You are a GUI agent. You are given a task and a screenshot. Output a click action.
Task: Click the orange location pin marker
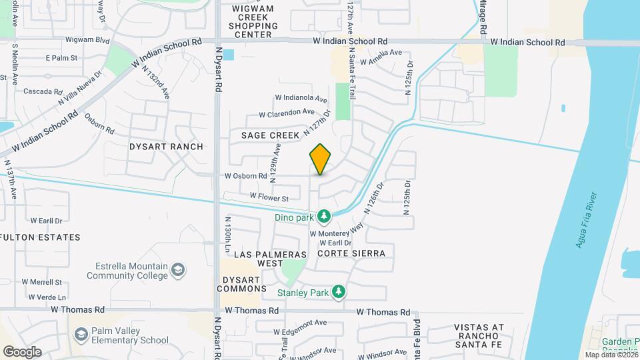[x=320, y=159]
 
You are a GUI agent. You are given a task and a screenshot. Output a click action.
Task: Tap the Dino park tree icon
[x=324, y=216]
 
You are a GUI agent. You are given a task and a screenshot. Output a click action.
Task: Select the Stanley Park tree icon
[x=339, y=291]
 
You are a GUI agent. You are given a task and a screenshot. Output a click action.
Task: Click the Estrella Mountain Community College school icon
[x=178, y=270]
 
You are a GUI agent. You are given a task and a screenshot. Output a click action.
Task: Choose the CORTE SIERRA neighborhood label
[x=351, y=253]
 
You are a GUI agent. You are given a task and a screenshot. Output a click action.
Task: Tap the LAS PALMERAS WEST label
[x=270, y=259]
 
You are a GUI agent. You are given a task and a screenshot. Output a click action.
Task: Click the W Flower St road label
[x=269, y=197]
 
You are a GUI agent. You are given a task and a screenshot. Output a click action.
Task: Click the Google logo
[x=22, y=351]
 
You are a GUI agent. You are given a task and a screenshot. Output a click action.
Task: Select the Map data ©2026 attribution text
[x=611, y=355]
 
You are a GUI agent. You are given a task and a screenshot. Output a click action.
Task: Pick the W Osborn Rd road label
[x=245, y=177]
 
